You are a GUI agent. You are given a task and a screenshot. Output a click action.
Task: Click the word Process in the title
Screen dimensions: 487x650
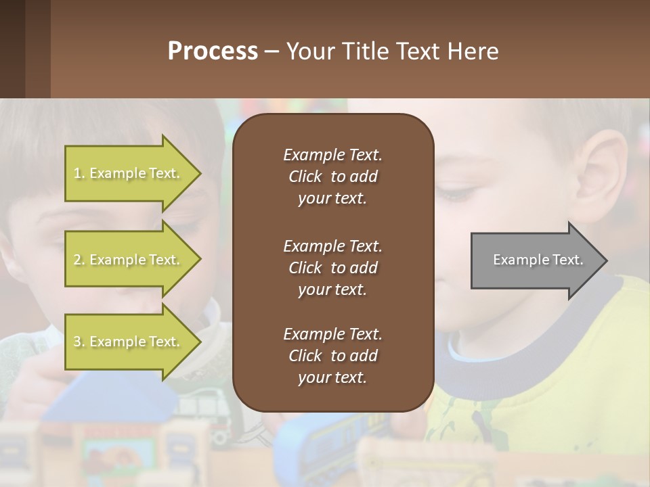[213, 51]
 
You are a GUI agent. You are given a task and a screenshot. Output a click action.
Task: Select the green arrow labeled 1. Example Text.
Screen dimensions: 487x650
[129, 173]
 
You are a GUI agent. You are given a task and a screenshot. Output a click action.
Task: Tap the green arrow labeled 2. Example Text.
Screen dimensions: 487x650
[129, 260]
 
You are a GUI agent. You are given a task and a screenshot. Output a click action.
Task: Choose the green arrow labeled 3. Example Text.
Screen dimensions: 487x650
[129, 342]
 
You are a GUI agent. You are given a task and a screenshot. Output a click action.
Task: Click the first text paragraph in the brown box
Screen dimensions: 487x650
[332, 177]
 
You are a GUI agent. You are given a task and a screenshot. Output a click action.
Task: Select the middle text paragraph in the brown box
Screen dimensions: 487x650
[332, 268]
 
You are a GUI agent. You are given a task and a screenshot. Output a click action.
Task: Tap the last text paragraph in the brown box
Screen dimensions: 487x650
[332, 356]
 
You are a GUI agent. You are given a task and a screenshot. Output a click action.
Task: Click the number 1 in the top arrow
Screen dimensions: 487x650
[77, 173]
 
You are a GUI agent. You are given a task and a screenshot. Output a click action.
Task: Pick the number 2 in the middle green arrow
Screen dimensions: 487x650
[77, 260]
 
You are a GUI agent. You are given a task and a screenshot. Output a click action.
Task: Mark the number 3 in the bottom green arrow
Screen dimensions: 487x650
[77, 342]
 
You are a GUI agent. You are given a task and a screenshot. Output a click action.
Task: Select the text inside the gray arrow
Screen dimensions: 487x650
[538, 260]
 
